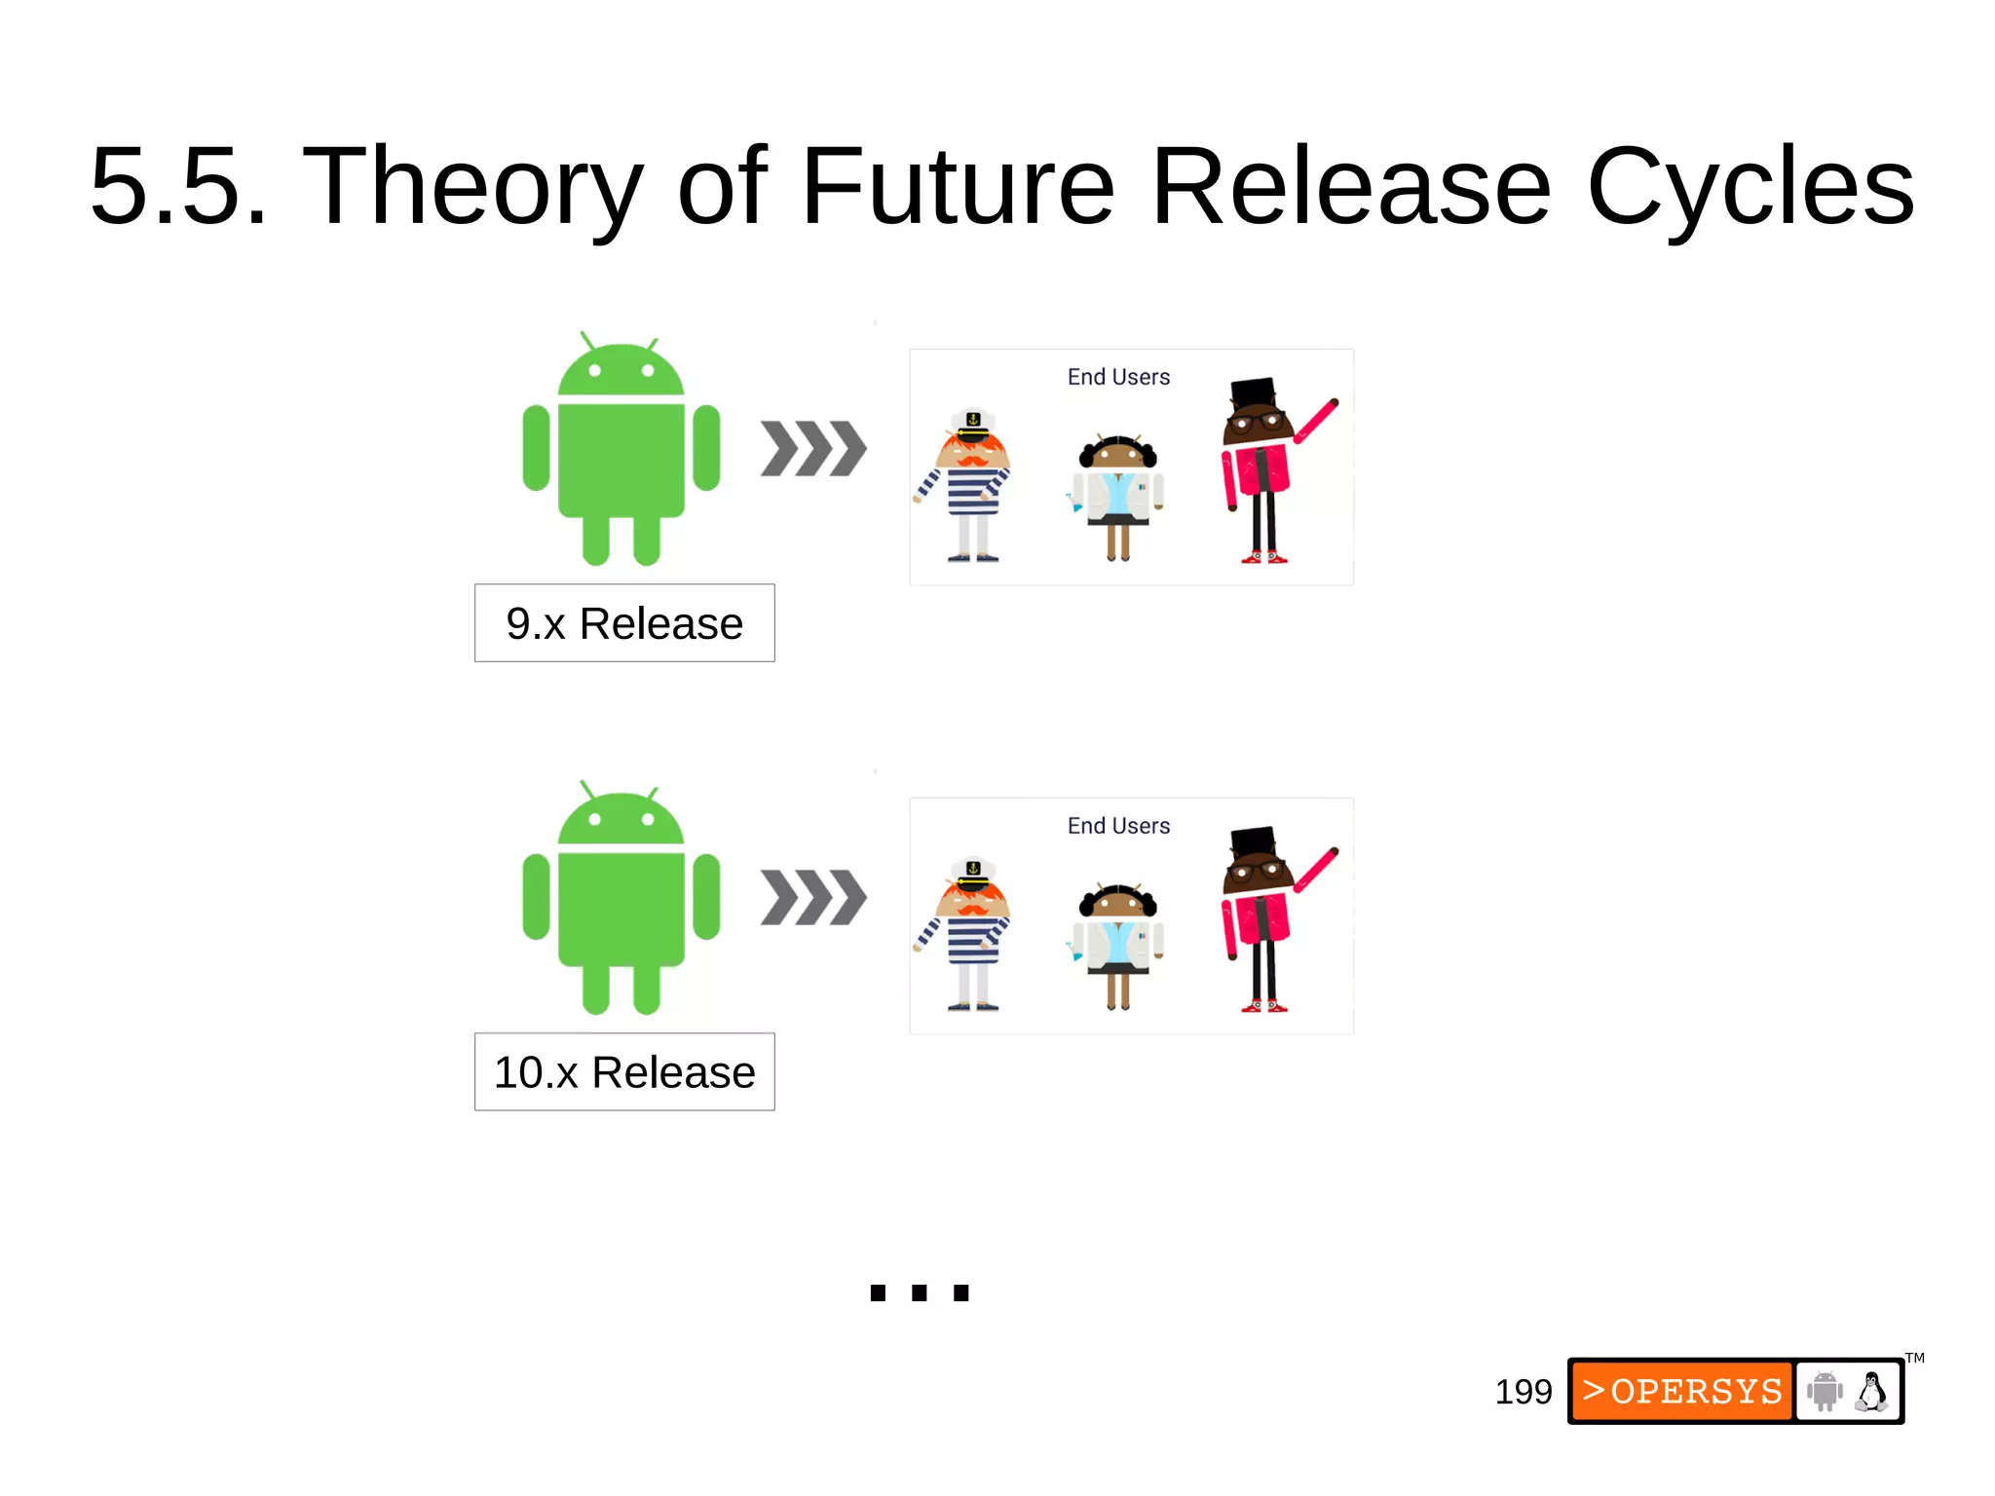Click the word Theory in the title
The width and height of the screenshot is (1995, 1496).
(472, 187)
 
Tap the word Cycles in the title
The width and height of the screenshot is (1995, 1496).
(1750, 187)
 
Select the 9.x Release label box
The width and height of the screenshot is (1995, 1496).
(624, 623)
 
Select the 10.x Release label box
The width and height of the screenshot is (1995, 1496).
(624, 1071)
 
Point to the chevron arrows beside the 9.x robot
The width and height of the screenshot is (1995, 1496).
(813, 449)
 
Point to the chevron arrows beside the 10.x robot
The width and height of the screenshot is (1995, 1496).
(813, 897)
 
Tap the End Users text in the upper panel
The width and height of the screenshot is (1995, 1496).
(1118, 377)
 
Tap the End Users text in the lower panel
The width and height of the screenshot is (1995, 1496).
(1118, 826)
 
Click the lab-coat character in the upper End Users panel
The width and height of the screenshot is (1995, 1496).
(1118, 497)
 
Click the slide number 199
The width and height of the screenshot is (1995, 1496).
(1524, 1392)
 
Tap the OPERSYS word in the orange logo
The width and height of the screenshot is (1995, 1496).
(1695, 1391)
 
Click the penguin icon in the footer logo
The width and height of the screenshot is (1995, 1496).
(1870, 1392)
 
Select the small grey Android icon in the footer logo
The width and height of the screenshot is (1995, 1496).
(1825, 1391)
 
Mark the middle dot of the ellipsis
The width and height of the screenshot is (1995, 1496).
(920, 1293)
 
